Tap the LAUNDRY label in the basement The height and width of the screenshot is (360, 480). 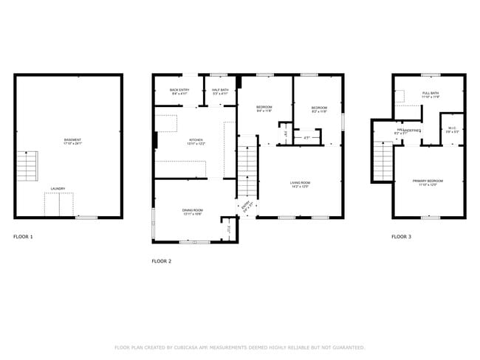point(58,189)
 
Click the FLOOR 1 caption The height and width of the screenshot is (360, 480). point(23,237)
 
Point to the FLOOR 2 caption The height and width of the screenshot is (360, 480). point(161,261)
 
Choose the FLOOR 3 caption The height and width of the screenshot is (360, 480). point(401,237)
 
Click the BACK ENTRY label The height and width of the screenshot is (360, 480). point(180,92)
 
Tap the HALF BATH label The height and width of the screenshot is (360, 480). point(221,92)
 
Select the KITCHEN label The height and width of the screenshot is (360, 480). point(196,142)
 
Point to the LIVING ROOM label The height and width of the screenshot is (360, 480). point(300,184)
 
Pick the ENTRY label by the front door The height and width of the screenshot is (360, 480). point(246,204)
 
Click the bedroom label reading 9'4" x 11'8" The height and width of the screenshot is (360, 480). point(264,108)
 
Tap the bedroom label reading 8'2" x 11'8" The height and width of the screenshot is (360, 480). point(318,108)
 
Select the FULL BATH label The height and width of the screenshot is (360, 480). point(431,95)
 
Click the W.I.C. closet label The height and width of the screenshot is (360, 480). point(452,128)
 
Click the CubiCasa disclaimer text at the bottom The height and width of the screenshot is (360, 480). point(239,347)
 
